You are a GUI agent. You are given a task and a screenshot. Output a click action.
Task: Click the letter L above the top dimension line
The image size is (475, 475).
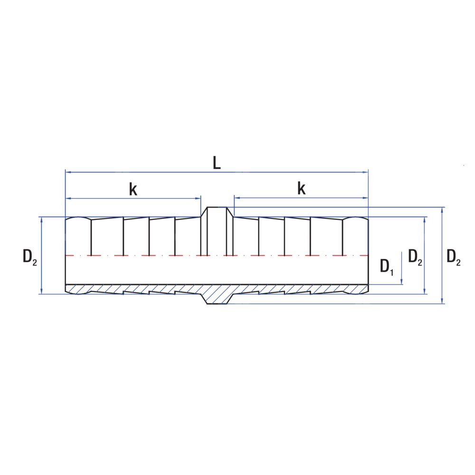tap(217, 163)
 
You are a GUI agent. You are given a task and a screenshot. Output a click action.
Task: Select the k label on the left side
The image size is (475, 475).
tap(133, 190)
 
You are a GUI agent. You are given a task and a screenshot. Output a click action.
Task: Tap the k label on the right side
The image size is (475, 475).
tap(302, 188)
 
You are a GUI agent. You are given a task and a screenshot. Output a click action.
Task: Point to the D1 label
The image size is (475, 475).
tap(387, 266)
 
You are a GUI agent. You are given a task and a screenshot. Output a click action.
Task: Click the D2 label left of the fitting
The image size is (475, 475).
tap(30, 256)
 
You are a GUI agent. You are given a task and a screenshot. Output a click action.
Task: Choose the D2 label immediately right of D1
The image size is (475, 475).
tap(415, 256)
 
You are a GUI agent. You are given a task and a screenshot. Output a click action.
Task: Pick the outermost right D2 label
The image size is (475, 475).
tap(454, 256)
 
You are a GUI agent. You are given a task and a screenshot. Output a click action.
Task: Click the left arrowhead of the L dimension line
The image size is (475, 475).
tap(68, 172)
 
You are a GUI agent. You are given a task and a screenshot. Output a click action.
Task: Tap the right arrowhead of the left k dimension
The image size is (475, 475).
tap(198, 199)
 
